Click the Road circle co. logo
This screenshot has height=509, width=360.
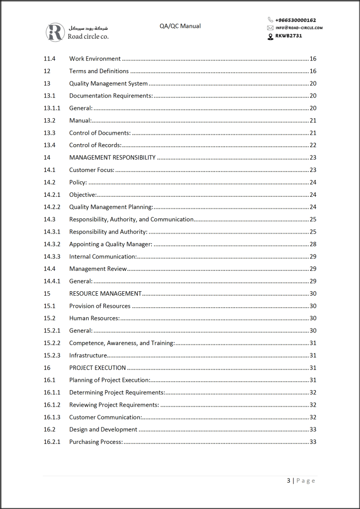77,32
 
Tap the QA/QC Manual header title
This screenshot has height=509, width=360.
180,26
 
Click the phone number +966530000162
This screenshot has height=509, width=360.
295,20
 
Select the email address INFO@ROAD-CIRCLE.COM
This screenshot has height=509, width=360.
299,28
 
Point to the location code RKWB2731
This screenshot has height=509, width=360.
288,36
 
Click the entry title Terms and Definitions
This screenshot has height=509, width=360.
99,71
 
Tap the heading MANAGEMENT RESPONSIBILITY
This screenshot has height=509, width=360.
112,158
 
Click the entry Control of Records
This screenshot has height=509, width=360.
95,145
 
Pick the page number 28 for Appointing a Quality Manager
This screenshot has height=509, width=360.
313,244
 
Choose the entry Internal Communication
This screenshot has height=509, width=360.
102,256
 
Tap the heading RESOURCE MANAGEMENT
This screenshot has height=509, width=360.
105,293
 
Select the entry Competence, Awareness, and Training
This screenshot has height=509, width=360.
122,343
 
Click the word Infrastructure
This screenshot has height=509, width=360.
88,355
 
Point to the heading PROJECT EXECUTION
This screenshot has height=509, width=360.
97,368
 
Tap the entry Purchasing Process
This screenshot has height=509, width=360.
96,442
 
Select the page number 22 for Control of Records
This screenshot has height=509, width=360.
313,145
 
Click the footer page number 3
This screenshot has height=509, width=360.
289,481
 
